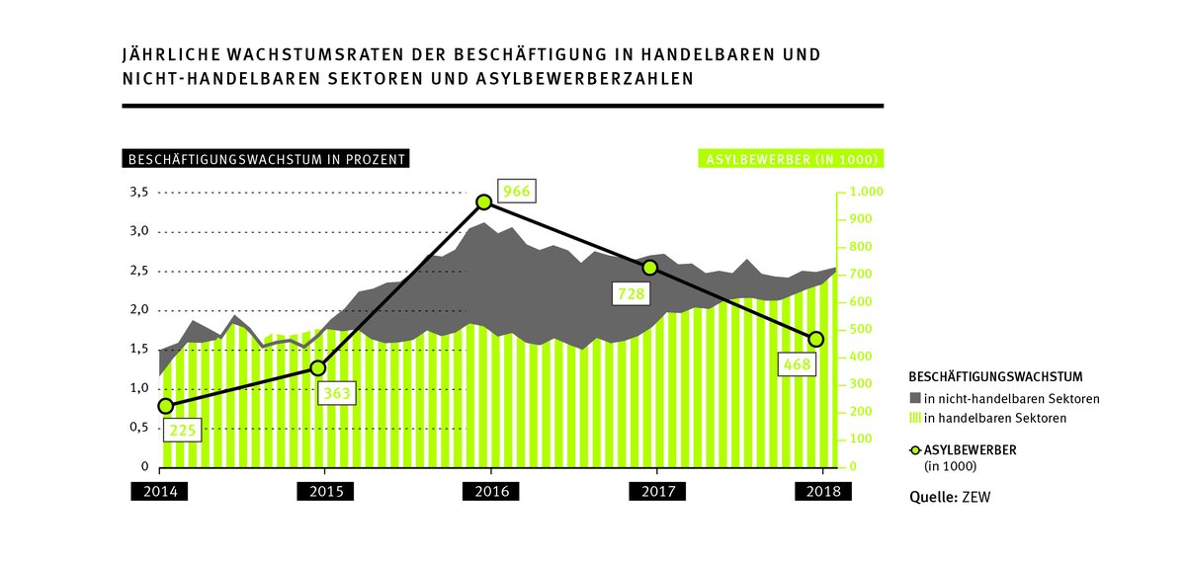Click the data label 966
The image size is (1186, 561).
click(515, 192)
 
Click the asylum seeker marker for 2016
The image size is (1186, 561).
click(484, 201)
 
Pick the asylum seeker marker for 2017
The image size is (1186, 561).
click(649, 268)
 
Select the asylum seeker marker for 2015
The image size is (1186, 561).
click(318, 367)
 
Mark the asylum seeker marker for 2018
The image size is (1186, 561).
click(815, 339)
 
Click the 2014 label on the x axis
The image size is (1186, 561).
click(158, 492)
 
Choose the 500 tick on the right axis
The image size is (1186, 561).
click(855, 329)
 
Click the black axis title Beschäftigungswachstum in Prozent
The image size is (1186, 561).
click(264, 159)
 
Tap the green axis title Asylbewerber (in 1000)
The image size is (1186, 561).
click(791, 159)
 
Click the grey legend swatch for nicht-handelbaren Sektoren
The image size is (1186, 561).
click(914, 399)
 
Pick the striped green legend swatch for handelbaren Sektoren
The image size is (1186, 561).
click(914, 419)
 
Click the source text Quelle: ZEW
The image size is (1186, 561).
click(949, 497)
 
